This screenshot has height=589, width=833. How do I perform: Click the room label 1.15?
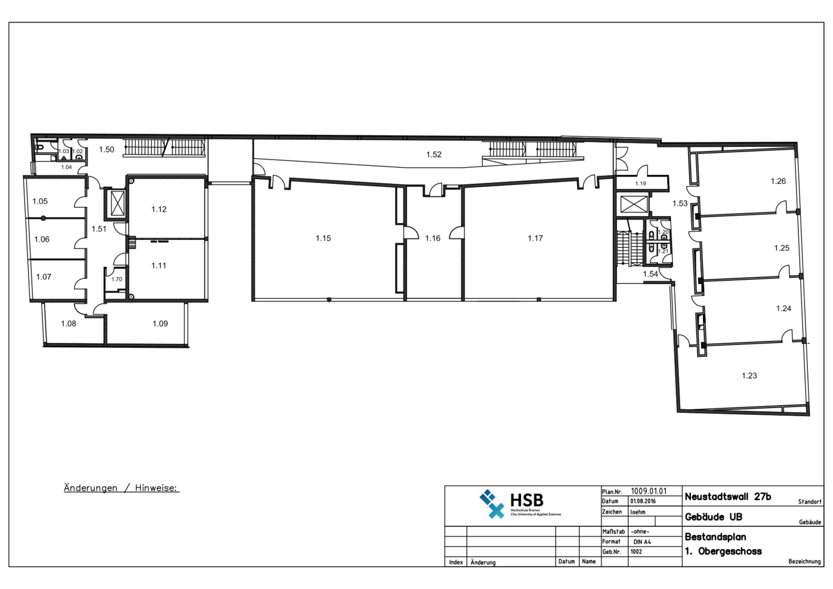(x=323, y=239)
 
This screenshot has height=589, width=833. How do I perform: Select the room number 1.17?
(x=535, y=239)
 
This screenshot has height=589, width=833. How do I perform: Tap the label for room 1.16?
(x=433, y=239)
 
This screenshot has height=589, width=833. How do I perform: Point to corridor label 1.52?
(x=434, y=155)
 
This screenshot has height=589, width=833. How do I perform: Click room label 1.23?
(x=749, y=376)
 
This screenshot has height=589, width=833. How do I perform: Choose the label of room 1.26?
(x=778, y=181)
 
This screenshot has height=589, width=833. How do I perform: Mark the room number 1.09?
(x=160, y=324)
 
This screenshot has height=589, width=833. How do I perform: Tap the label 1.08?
(x=69, y=324)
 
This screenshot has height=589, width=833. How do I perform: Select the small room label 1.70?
(x=117, y=279)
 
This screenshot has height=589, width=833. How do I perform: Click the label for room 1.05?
(x=40, y=202)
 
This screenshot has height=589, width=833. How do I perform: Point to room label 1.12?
(x=159, y=209)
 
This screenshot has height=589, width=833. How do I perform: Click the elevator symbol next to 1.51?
(x=118, y=203)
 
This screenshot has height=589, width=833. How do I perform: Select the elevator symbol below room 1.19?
(x=633, y=204)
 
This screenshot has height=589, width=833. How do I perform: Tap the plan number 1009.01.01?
(x=649, y=491)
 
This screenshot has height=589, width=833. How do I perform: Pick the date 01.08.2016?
(x=643, y=501)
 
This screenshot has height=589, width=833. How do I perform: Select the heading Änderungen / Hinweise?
(x=121, y=488)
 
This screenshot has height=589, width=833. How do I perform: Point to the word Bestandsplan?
(x=715, y=537)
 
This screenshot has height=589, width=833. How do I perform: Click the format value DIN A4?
(x=642, y=542)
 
